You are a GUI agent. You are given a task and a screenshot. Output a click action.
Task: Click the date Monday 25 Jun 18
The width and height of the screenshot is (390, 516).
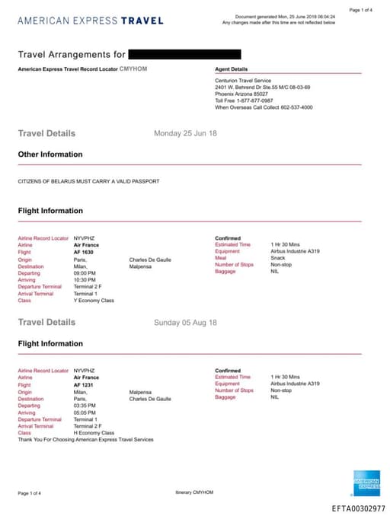185,133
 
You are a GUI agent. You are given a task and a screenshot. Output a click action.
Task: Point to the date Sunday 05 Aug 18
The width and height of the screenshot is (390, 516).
185,323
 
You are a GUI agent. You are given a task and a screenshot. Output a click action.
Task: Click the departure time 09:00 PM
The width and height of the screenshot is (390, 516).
85,272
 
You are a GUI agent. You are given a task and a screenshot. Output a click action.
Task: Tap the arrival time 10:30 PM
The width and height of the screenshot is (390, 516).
85,279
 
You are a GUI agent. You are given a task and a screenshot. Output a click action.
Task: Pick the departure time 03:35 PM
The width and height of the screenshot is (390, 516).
85,406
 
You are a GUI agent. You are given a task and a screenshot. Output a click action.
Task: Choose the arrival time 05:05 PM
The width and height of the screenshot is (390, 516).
85,412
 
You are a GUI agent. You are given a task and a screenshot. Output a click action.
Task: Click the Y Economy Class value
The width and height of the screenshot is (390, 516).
94,300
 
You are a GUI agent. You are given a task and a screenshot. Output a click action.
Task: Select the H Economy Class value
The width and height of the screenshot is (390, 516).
94,433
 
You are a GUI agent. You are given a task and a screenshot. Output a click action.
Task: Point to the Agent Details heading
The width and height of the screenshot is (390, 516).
232,69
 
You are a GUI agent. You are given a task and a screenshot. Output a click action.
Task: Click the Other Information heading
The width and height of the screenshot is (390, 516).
50,154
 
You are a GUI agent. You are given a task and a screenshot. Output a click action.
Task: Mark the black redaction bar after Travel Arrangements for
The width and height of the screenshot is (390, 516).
184,54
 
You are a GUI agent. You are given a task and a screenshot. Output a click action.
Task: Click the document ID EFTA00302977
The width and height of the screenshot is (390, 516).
358,508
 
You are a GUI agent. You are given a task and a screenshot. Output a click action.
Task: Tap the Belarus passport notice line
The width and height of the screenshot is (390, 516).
89,181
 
